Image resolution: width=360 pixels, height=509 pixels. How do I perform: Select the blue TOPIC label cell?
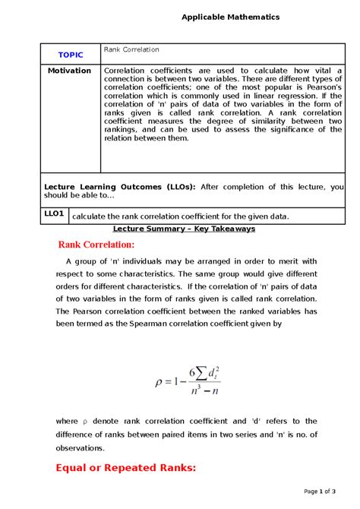click(x=71, y=55)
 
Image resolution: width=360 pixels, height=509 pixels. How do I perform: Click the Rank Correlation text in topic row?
click(x=131, y=49)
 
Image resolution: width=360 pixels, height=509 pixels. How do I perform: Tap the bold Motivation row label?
click(x=69, y=71)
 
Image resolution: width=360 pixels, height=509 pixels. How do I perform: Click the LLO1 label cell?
click(x=54, y=214)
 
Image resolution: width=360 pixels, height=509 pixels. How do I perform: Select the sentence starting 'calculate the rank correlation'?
click(x=180, y=216)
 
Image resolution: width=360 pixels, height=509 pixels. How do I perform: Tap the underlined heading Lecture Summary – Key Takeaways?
click(x=184, y=229)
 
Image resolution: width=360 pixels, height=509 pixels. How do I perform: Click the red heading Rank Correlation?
click(x=96, y=245)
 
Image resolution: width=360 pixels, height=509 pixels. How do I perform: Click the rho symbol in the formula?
click(x=159, y=381)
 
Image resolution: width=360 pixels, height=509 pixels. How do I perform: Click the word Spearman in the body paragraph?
click(x=139, y=324)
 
